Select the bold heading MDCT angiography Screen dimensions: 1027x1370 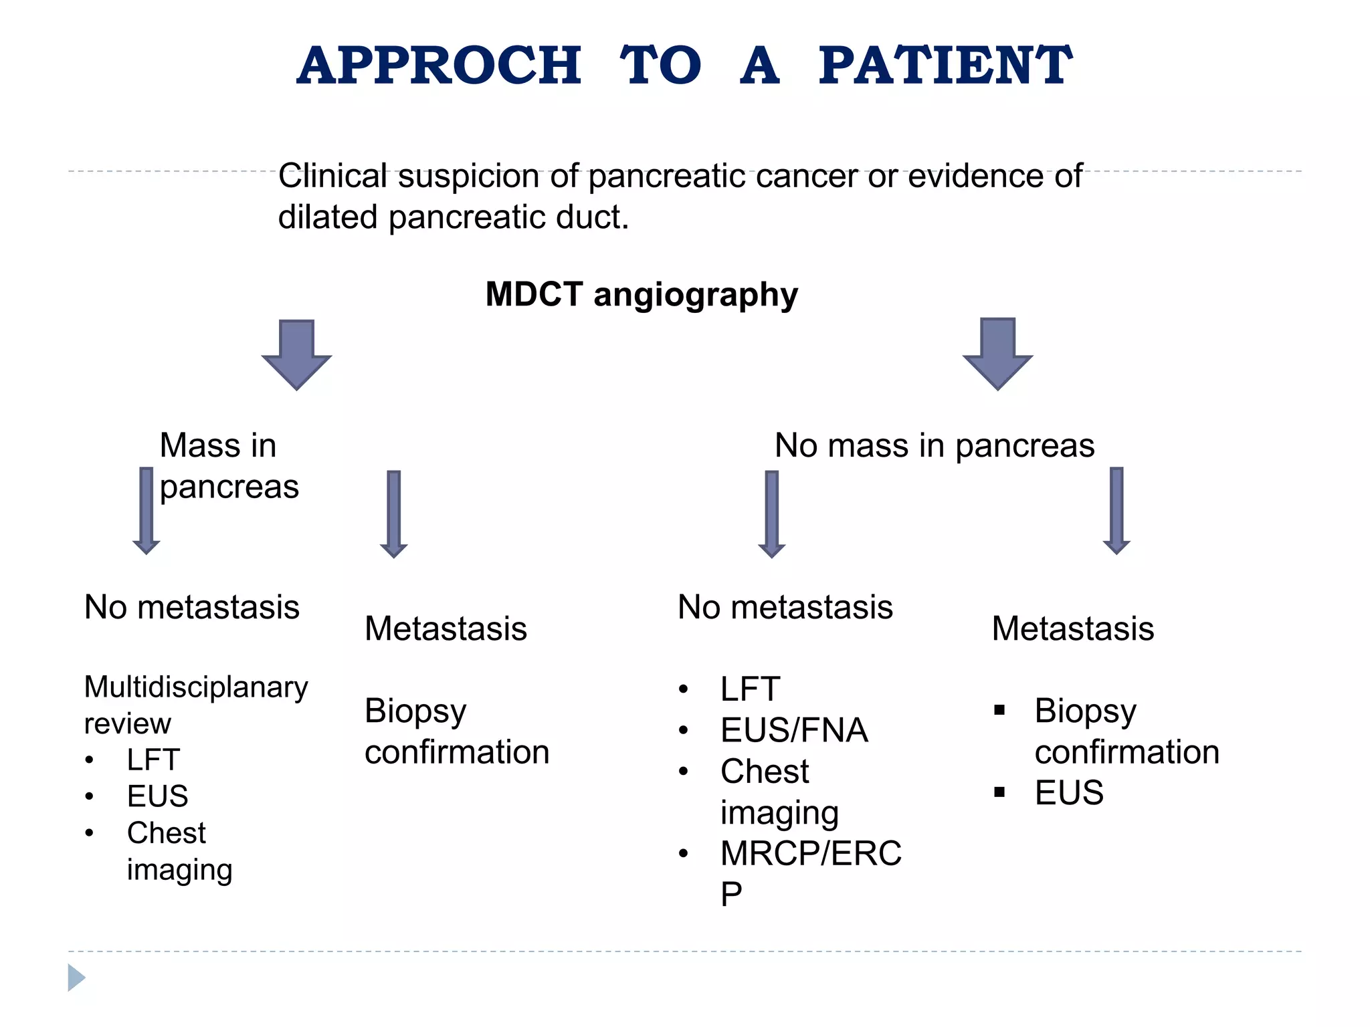click(642, 294)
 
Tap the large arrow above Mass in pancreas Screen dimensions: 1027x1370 click(296, 354)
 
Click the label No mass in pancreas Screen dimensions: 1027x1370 click(934, 445)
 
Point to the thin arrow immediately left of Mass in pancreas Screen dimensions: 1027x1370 click(146, 510)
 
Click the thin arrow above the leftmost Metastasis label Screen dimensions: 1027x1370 click(394, 513)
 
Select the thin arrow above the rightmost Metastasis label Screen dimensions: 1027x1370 click(1116, 510)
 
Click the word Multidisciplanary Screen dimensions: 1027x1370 click(196, 687)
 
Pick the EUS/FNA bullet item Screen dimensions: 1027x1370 click(794, 730)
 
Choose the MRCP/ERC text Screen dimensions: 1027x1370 click(811, 853)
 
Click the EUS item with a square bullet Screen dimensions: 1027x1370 click(1068, 793)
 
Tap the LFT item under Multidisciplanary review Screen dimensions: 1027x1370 click(153, 760)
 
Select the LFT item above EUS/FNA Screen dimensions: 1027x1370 click(750, 689)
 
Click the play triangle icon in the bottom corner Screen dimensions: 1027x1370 click(76, 978)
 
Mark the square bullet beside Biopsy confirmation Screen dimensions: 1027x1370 click(999, 710)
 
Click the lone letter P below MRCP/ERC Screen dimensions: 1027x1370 click(731, 895)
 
